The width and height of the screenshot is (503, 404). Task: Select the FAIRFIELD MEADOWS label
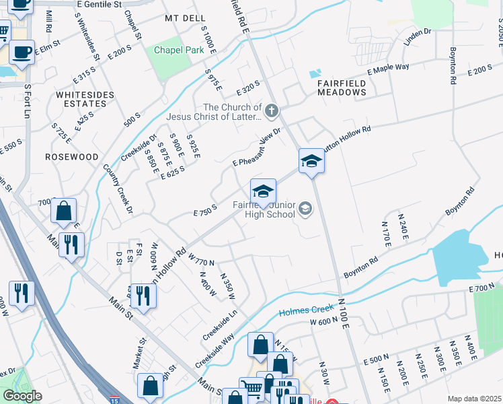coord(342,87)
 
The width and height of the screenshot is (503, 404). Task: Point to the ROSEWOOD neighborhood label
coord(72,156)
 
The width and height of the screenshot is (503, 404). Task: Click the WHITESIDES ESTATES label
coord(85,100)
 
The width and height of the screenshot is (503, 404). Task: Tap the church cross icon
coord(271,110)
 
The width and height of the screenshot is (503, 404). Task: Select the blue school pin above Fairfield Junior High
coord(263,191)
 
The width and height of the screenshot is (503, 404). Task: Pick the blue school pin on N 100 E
coord(311,161)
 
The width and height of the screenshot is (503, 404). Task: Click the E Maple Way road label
coord(388,69)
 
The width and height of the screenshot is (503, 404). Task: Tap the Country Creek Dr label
coord(118,189)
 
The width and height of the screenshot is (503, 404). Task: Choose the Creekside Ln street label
coord(222,323)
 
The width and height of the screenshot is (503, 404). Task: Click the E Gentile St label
coord(100,4)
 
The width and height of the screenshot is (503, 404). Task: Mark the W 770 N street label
coord(201,259)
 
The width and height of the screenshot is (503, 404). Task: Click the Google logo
coord(22,396)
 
